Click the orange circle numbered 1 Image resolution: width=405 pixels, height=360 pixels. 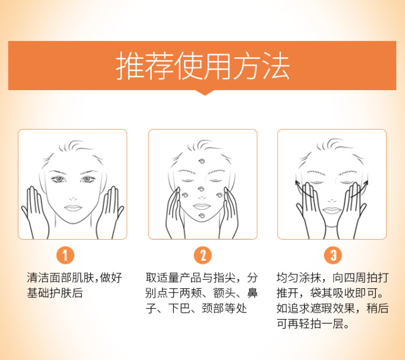pos(65,255)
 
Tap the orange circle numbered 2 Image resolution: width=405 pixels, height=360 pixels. pos(202,255)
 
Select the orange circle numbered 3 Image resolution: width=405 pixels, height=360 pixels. pos(333,255)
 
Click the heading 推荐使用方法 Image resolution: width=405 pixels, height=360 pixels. pos(202,66)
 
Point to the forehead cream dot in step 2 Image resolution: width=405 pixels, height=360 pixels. pos(201,162)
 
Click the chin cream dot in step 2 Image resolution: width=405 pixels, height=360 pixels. pos(202,216)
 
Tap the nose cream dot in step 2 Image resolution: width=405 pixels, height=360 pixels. pos(201,189)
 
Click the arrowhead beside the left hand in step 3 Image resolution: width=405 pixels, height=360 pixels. pos(297,183)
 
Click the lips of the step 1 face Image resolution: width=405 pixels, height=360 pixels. pos(73,208)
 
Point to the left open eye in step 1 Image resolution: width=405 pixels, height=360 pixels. pos(59,179)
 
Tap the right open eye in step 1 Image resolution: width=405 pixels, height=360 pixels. pos(87,179)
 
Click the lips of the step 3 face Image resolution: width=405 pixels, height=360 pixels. pos(332,210)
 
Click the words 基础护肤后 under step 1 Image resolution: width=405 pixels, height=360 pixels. pos(55,293)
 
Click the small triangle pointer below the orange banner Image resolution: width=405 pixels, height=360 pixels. pos(205,93)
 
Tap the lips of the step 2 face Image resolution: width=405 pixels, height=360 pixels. pos(202,206)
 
